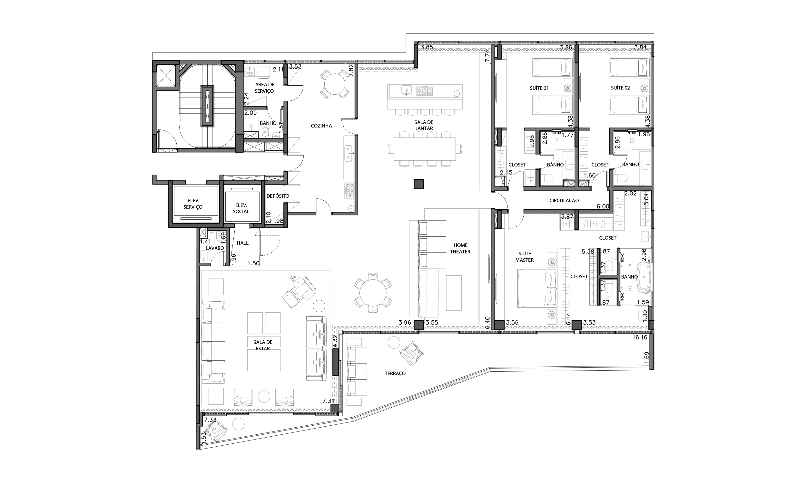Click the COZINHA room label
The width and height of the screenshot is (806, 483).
tap(321, 126)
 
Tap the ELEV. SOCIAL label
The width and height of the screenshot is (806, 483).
tap(241, 208)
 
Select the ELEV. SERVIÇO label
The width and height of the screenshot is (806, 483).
tap(193, 204)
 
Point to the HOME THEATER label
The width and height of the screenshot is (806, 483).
tap(460, 248)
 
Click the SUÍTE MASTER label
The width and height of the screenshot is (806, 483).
tap(525, 257)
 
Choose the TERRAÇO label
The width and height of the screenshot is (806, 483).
tap(395, 373)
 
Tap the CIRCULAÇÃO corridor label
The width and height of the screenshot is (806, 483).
tap(564, 201)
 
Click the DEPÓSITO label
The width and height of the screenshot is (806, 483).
tap(278, 196)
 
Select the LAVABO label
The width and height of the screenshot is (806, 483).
tap(215, 248)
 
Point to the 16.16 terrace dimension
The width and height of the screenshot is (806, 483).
tap(640, 337)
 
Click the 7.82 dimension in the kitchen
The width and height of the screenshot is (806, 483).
tap(351, 70)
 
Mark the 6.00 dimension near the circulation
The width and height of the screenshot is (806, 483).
tap(603, 206)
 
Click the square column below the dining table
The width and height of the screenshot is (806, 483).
tap(419, 184)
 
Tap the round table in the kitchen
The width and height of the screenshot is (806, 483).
tap(335, 84)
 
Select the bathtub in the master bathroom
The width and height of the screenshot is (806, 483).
tap(644, 277)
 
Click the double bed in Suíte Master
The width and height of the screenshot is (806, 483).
tap(536, 288)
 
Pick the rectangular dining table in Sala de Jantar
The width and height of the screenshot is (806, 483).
tap(425, 149)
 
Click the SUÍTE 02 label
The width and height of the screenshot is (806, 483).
tap(620, 88)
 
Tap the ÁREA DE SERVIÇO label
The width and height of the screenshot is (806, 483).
tap(265, 88)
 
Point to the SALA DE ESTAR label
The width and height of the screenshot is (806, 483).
tap(263, 345)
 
